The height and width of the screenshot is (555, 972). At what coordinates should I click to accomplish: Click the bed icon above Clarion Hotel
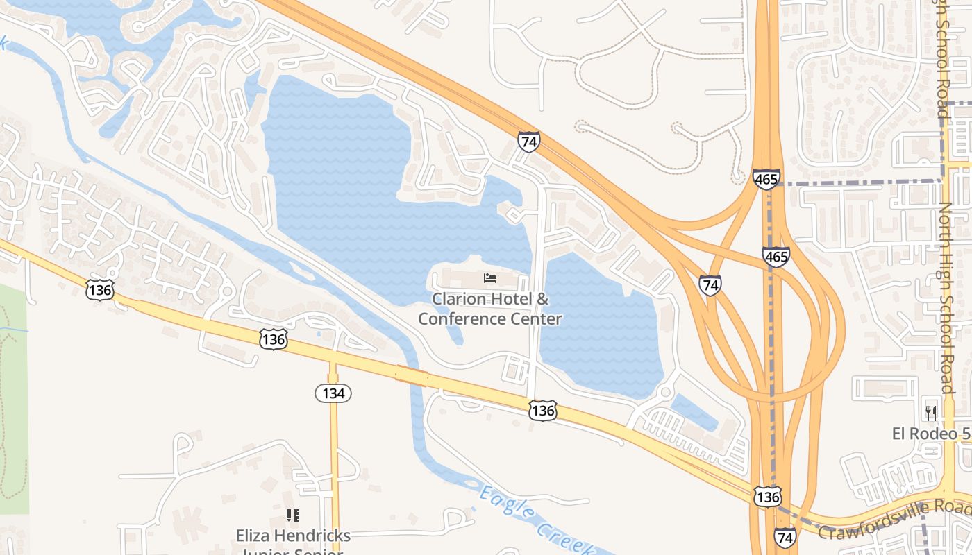tap(490, 279)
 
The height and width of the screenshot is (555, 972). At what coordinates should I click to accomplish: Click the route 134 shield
tap(333, 393)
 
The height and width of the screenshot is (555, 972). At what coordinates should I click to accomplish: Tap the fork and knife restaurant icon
tap(931, 413)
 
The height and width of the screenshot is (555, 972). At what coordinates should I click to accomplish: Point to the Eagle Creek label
tap(535, 520)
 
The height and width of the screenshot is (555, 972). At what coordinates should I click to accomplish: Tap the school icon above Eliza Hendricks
tap(293, 515)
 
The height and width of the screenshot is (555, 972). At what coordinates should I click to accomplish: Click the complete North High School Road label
tap(946, 298)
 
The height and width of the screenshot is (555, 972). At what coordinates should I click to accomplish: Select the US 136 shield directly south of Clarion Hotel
tap(542, 411)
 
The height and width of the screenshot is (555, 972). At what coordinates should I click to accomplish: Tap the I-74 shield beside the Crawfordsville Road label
tap(785, 537)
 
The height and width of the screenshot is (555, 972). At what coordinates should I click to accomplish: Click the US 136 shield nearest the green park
tap(100, 289)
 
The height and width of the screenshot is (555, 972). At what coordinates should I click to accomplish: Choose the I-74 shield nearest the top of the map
tap(528, 142)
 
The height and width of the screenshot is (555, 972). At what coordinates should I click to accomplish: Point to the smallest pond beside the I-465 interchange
tap(694, 413)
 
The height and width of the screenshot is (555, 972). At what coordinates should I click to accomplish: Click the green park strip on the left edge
tap(12, 395)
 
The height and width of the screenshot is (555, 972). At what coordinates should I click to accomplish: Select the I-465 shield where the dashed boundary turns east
tap(766, 179)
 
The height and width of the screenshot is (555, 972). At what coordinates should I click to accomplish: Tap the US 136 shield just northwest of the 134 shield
tap(274, 339)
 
